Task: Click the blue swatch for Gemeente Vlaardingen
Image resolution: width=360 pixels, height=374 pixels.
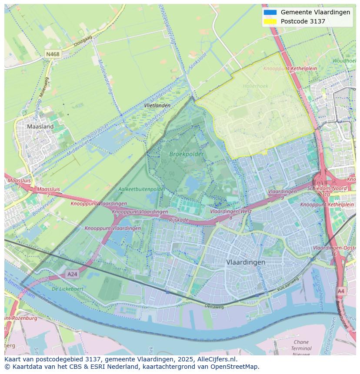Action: (270, 12)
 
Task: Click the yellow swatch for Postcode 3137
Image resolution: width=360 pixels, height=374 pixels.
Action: (270, 21)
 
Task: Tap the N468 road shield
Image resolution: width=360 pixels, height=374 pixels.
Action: (53, 54)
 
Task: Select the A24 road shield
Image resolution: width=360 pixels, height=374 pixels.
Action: (72, 274)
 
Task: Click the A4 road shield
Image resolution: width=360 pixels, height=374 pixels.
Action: (341, 291)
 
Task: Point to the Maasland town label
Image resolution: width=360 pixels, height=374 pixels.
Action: (40, 127)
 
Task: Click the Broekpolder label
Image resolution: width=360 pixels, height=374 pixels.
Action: (180, 154)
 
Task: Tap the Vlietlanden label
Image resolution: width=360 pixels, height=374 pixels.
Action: (157, 106)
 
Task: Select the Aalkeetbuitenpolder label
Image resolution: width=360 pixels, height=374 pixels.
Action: (142, 189)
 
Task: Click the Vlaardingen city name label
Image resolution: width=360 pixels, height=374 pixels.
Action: (246, 262)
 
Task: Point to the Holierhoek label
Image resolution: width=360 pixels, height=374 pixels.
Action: (255, 86)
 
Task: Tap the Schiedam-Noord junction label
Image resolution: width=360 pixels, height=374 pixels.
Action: (327, 189)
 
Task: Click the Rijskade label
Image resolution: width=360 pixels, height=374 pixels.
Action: (179, 220)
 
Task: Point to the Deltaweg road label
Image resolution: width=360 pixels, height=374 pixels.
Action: (214, 306)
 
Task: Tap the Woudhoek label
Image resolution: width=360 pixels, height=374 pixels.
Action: (344, 61)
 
